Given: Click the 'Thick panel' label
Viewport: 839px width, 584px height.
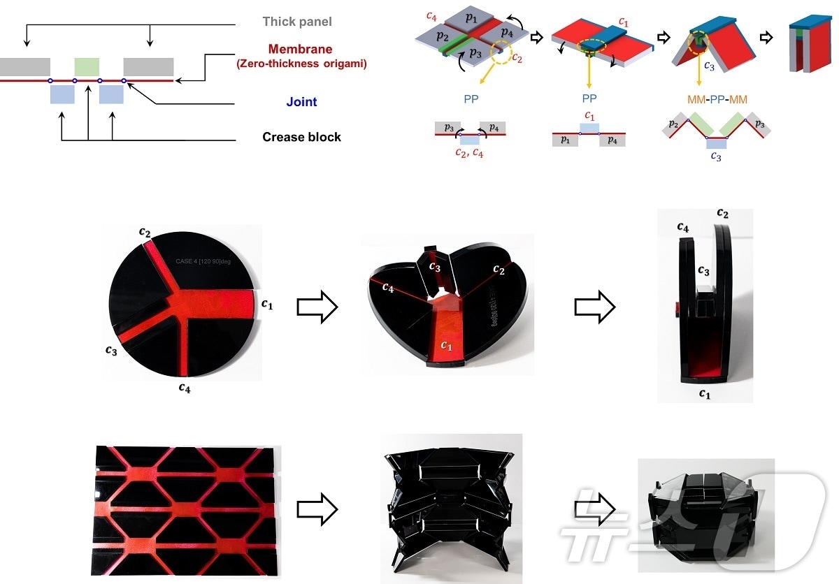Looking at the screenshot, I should coord(297,22).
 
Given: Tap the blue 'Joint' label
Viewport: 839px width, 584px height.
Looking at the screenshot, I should coord(301,102).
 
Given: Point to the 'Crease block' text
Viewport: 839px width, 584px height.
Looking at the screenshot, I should coord(301,137).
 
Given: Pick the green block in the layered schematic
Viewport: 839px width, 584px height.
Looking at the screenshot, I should coord(87,67).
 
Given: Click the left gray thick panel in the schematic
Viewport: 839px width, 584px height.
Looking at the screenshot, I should coord(25,67).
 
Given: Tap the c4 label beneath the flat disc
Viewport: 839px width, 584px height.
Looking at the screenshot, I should coord(184,388).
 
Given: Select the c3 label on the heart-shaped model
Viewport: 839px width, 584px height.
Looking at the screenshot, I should coord(435,268).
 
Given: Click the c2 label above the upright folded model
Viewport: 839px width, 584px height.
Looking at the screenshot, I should coord(722,213).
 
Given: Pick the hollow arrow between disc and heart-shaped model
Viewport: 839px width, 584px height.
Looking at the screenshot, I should coord(317,308).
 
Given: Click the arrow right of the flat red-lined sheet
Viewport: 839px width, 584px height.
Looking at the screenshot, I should coord(317,509).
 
